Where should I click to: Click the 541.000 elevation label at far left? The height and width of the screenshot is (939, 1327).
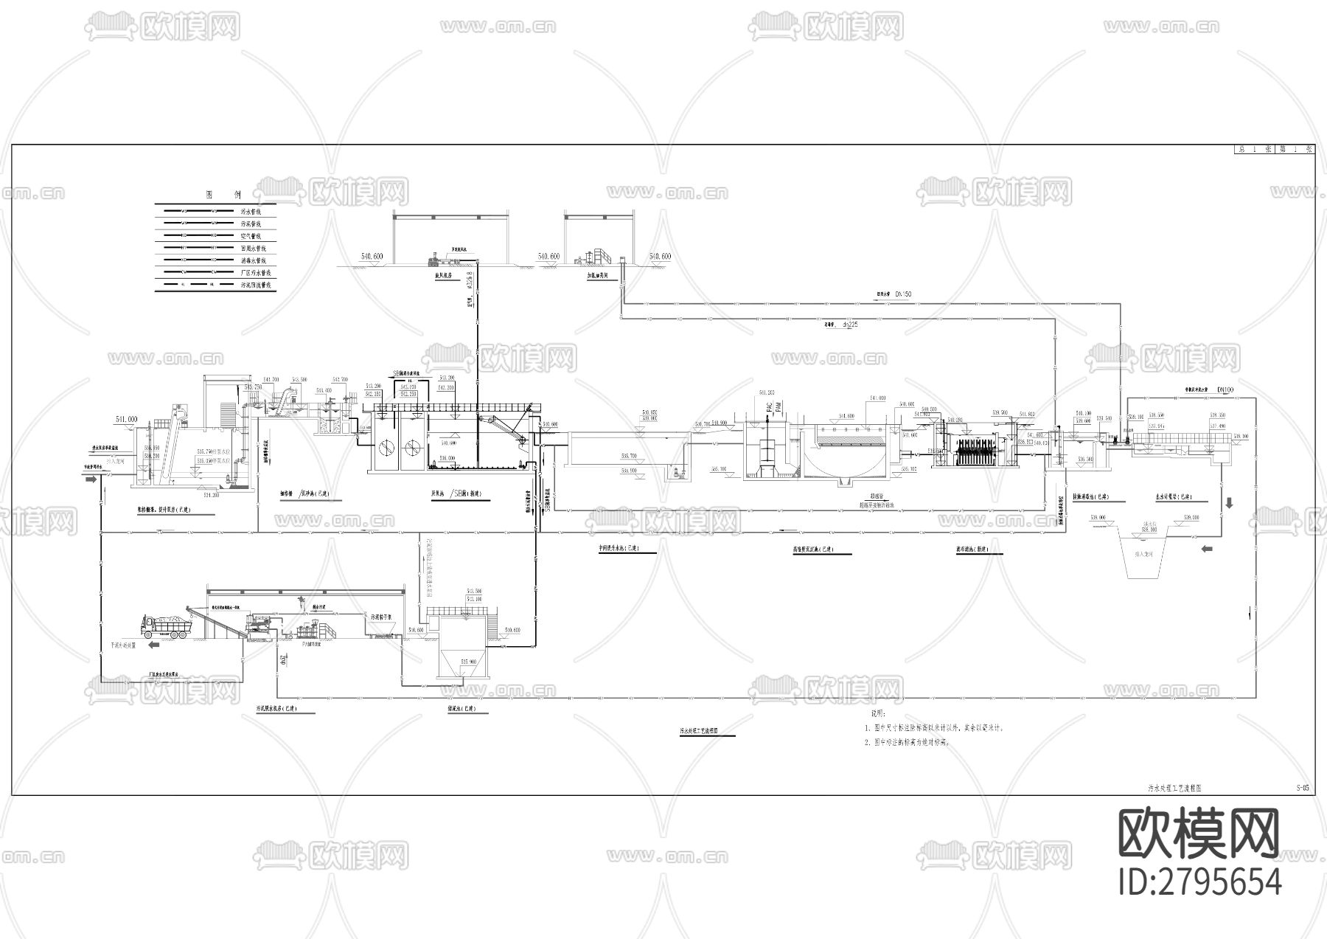point(127,419)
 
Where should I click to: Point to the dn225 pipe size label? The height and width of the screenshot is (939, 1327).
point(850,324)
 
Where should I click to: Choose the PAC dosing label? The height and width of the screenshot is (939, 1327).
point(768,406)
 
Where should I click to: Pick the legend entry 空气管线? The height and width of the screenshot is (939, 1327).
point(251,236)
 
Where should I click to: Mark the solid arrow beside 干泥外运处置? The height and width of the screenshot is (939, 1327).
point(154,644)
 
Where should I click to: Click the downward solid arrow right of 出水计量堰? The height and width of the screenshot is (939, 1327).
point(1229,503)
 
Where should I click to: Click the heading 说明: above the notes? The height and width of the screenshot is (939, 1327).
point(880,714)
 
